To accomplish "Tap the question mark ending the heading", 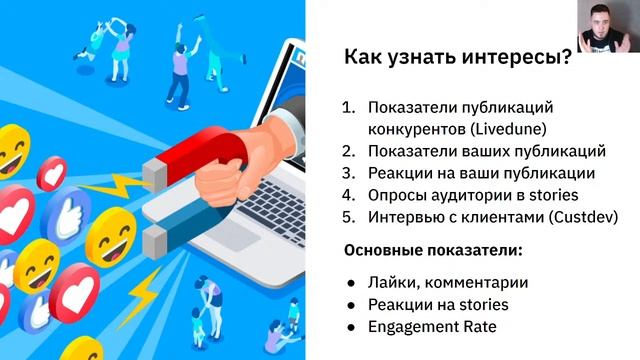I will (566, 58).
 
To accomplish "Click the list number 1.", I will (347, 107).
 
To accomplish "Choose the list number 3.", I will (347, 173).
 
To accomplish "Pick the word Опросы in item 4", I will (398, 195).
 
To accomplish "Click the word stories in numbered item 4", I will (555, 195).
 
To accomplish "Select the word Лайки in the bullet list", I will (391, 282).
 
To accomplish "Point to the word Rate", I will (477, 326).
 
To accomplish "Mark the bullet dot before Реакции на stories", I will (351, 304).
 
